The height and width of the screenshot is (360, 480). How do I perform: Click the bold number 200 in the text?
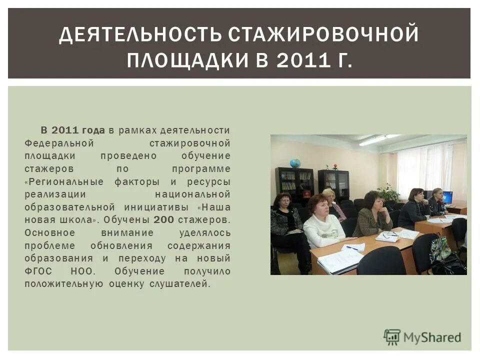164,219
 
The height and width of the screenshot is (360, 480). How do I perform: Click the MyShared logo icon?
392,337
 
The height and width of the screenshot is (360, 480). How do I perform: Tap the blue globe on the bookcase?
295,163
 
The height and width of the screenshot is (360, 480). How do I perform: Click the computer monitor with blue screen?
447,197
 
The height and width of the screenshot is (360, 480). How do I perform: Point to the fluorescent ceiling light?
374,140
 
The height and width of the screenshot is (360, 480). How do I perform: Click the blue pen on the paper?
352,247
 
